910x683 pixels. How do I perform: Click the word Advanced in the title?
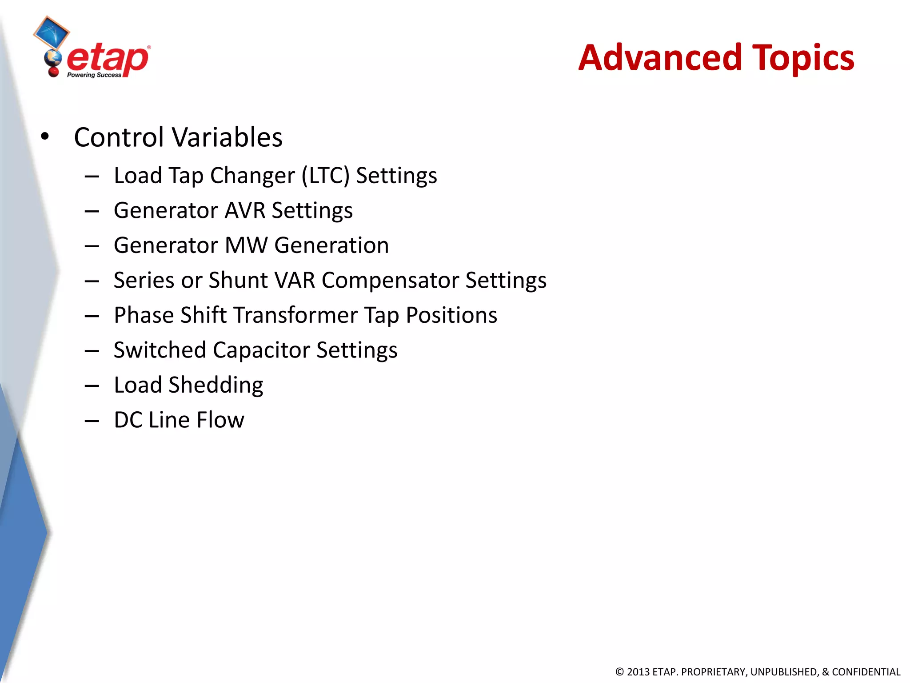(x=660, y=58)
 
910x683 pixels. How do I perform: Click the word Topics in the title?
(x=803, y=59)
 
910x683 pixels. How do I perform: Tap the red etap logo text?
(x=108, y=59)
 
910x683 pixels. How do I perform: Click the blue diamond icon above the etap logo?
(x=52, y=32)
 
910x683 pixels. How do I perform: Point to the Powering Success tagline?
(x=94, y=75)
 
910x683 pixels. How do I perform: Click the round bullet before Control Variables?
(x=44, y=137)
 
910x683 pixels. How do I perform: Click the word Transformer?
(x=295, y=315)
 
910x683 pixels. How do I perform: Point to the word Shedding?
(x=216, y=385)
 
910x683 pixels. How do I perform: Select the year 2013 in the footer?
(x=638, y=672)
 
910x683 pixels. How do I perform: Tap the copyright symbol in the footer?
(x=619, y=672)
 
